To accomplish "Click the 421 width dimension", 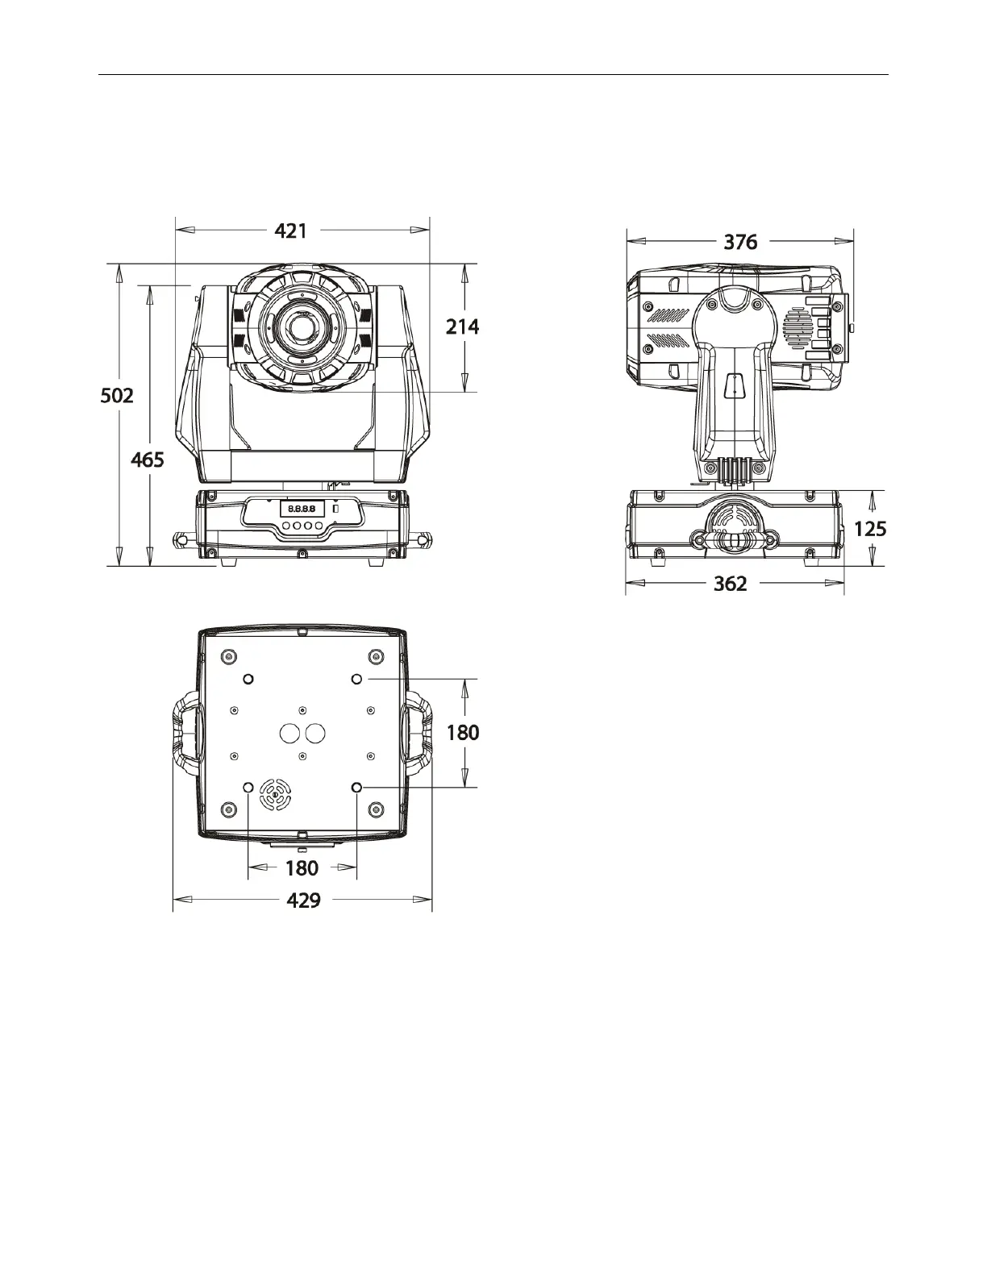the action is [290, 231].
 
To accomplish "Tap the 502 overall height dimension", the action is [117, 396].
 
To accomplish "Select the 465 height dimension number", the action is [147, 460].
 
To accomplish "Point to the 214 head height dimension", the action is [462, 327].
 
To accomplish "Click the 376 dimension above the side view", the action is [740, 242].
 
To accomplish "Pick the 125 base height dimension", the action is [869, 530].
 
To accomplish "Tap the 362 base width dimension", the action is [730, 584].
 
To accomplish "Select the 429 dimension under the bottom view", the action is [303, 901].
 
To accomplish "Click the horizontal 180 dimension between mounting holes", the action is [302, 868].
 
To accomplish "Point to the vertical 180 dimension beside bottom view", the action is [463, 733].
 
